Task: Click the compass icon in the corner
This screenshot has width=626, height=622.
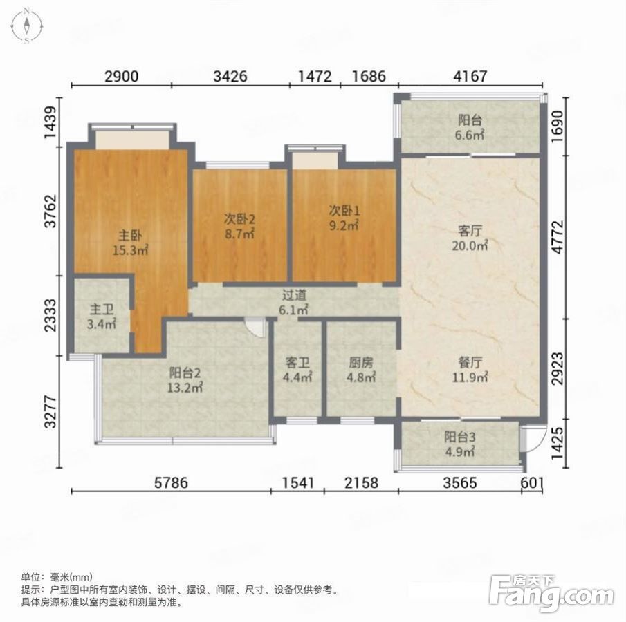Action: click(26, 26)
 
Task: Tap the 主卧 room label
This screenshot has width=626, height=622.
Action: click(130, 236)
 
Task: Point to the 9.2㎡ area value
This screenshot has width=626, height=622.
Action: click(344, 225)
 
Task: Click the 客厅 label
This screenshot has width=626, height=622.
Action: click(470, 231)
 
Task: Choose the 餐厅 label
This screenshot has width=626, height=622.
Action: click(470, 362)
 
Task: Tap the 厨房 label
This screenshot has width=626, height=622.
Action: click(361, 362)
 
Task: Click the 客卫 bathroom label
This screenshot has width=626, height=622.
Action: click(297, 362)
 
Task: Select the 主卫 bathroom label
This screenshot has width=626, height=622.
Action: click(102, 309)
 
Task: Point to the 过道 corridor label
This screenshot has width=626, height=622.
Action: click(294, 295)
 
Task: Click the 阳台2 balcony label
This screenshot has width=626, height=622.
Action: click(185, 373)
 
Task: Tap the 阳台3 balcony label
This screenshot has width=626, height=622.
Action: click(459, 437)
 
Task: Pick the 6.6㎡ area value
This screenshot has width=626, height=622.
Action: click(470, 135)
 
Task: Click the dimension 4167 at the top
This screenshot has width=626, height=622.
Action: click(470, 76)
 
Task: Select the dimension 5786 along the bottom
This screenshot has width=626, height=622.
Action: click(171, 483)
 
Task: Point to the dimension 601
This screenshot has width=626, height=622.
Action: click(532, 483)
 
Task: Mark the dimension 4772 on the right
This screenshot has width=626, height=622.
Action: click(558, 236)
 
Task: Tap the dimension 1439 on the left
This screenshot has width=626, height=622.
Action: click(50, 122)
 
